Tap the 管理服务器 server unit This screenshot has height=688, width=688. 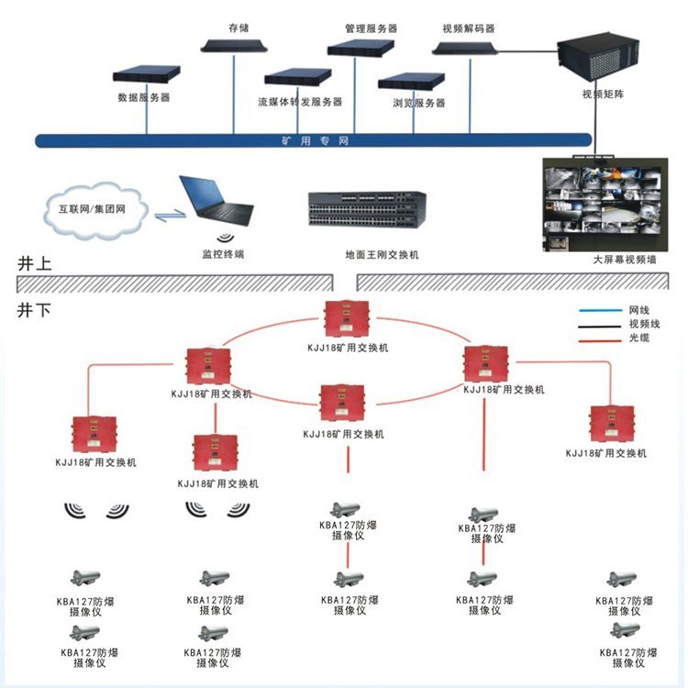pyautogui.click(x=361, y=47)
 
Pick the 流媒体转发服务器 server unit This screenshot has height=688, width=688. pyautogui.click(x=297, y=78)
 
